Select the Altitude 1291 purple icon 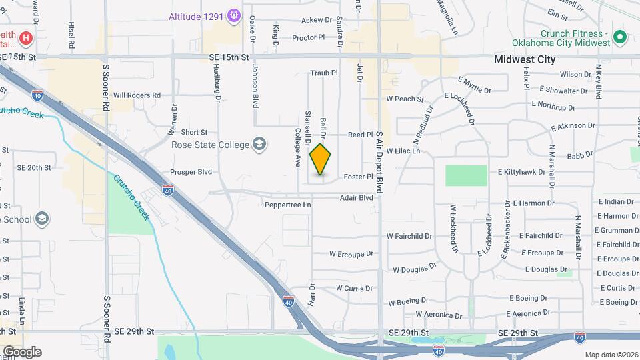point(233,15)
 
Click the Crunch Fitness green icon point(619,37)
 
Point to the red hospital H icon point(25,38)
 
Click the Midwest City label point(525,59)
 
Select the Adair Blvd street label point(356,198)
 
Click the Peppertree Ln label point(288,205)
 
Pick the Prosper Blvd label point(191,172)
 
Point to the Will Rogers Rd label point(137,95)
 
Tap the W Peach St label point(405,99)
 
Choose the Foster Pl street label point(357,177)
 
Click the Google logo point(21,351)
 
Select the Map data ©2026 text point(611,355)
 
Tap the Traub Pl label point(325,73)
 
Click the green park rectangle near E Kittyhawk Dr point(466,175)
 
